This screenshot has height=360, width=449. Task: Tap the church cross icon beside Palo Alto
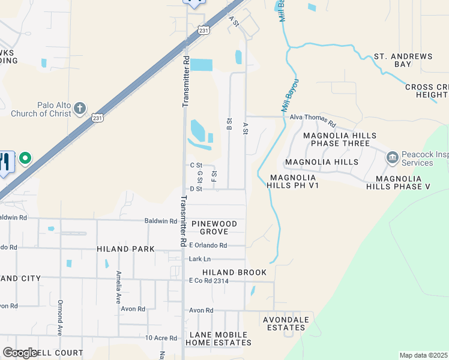80,109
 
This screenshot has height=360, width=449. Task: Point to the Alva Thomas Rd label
313,118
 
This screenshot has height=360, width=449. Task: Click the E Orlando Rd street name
208,245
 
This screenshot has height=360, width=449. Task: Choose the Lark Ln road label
199,259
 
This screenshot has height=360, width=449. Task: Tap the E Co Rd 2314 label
208,281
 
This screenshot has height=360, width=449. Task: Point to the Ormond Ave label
60,317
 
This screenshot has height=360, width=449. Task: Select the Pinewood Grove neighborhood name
214,227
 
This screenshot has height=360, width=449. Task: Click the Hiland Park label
125,248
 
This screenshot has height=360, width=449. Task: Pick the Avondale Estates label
285,323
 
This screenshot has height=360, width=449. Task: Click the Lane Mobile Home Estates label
218,338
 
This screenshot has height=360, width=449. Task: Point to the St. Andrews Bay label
403,60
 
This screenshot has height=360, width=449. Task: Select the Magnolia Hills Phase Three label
337,140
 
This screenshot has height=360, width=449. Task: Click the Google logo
20,353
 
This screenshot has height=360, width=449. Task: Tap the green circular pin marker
25,159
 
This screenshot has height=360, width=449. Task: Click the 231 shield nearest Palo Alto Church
98,118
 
